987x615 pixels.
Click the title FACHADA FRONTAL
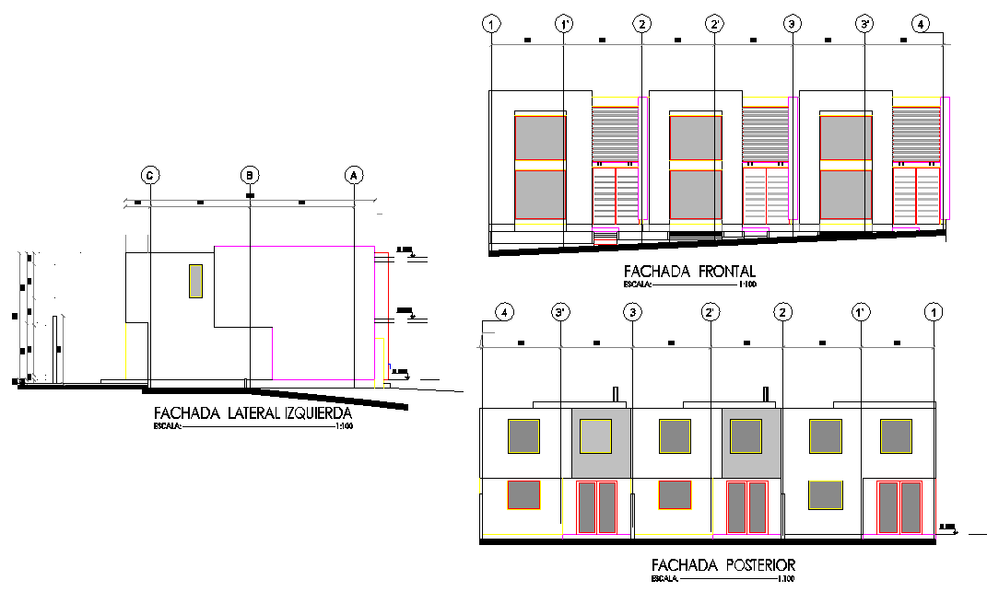point(689,272)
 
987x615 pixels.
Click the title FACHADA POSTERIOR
point(723,564)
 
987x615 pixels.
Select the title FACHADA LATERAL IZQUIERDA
point(253,412)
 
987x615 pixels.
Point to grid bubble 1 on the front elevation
point(492,25)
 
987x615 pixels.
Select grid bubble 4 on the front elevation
point(922,25)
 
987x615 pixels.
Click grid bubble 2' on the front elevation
point(715,25)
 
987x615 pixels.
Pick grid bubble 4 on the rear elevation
point(503,313)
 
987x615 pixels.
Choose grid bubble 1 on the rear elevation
point(934,313)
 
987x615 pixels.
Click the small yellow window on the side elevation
point(195,281)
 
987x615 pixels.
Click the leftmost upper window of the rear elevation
point(523,435)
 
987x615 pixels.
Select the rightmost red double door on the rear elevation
point(899,506)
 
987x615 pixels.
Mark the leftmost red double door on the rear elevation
point(597,506)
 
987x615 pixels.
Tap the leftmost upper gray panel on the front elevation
point(539,137)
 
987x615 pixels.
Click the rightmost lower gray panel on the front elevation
point(845,195)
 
